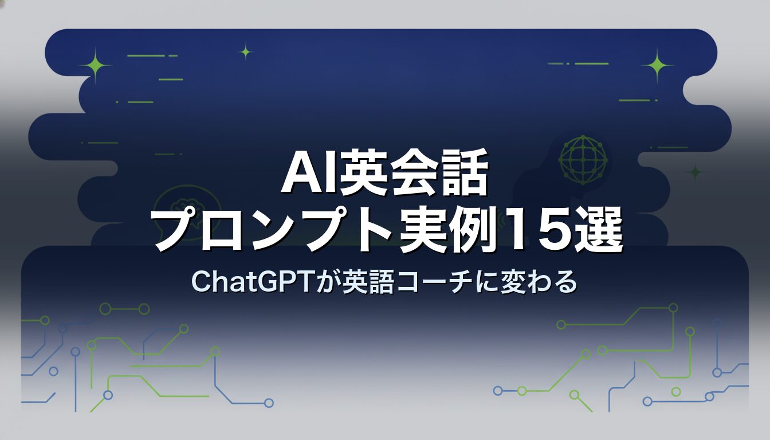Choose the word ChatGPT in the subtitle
click(x=251, y=282)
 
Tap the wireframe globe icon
click(x=583, y=160)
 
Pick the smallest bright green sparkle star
click(x=246, y=52)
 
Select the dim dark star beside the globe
click(x=695, y=172)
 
